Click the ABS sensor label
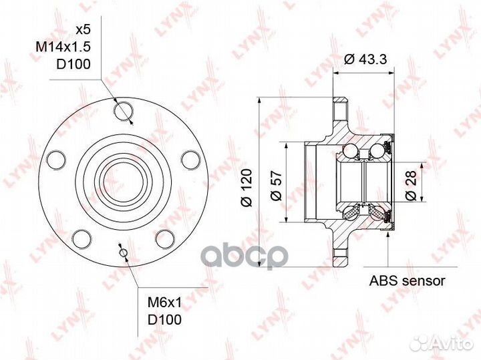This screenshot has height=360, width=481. [x=408, y=281]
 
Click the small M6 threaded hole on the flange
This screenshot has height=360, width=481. [x=122, y=251]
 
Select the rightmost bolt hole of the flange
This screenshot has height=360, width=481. [x=190, y=160]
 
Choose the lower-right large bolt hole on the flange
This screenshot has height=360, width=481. [x=164, y=238]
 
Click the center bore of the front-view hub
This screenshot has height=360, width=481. [x=122, y=181]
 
